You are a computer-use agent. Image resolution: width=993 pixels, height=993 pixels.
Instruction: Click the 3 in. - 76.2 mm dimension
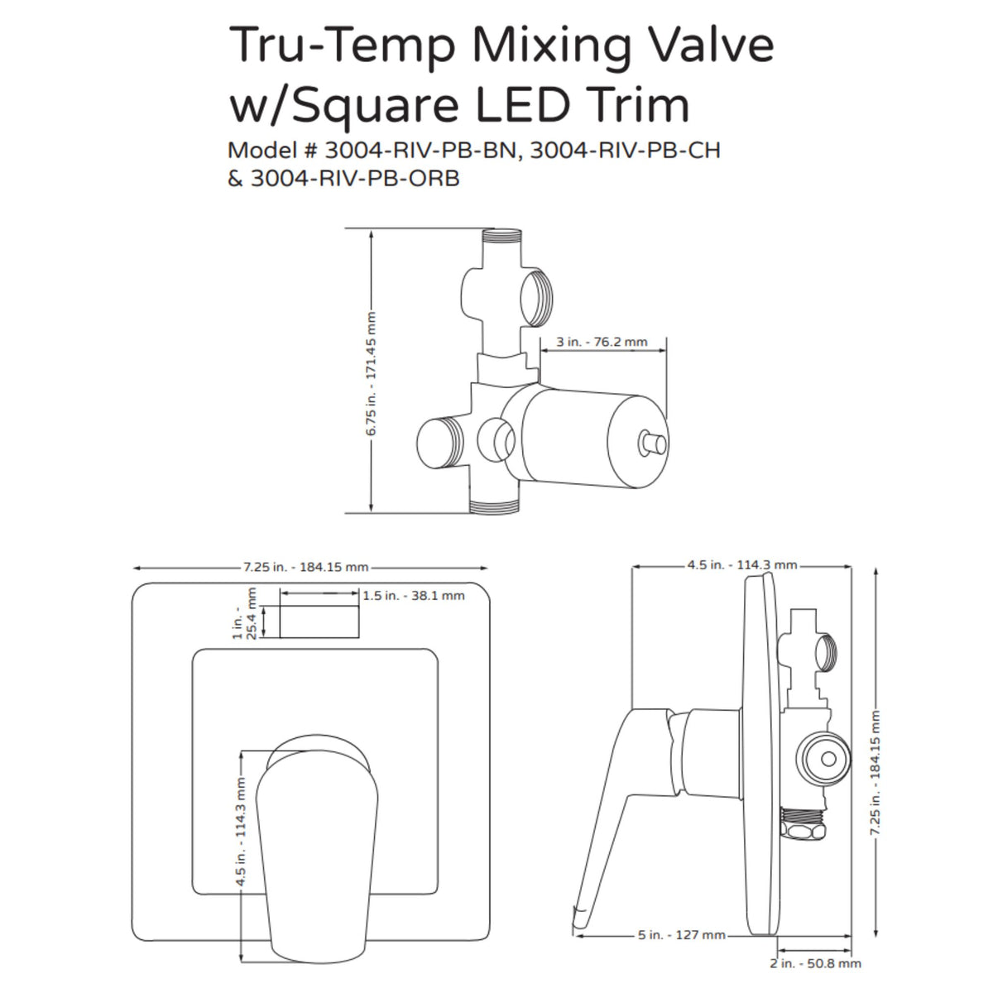(602, 342)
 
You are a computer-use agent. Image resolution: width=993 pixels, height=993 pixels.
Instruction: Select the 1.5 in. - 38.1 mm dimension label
(414, 595)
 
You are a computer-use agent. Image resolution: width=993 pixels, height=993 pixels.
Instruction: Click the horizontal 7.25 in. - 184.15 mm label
(305, 568)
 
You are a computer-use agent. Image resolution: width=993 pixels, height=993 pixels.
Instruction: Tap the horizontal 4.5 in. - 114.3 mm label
(741, 565)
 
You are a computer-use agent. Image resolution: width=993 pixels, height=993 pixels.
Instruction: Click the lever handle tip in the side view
(580, 915)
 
